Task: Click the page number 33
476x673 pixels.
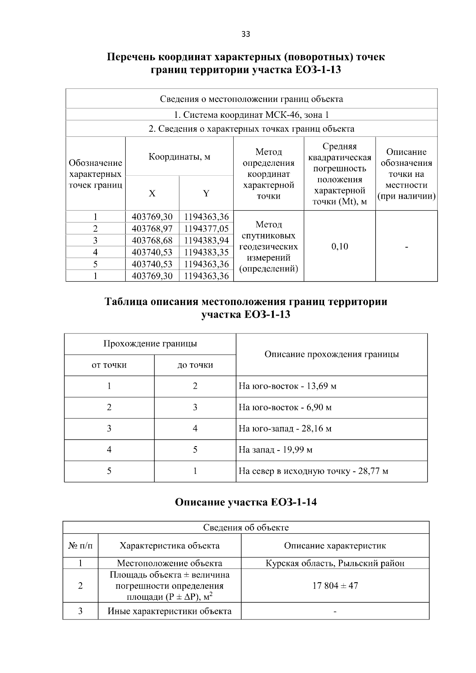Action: tap(246, 34)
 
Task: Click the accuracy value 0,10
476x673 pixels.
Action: tap(340, 246)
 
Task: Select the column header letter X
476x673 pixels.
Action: tap(152, 194)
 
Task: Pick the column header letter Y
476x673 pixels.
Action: tap(206, 194)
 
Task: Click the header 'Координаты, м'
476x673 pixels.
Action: tap(179, 157)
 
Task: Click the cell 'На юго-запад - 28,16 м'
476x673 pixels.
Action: tap(285, 429)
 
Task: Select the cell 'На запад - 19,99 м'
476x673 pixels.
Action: tap(275, 450)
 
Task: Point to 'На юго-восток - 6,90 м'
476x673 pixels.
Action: tap(285, 407)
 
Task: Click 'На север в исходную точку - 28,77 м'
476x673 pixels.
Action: tap(313, 471)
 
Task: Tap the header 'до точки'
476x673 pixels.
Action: tap(195, 365)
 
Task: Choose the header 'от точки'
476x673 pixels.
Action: tap(109, 365)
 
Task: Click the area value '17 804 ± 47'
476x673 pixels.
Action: tap(335, 585)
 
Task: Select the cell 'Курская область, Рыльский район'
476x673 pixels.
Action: tap(335, 563)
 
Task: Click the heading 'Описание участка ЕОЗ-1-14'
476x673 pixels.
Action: tap(246, 502)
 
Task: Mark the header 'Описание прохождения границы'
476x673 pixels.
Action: tap(331, 354)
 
